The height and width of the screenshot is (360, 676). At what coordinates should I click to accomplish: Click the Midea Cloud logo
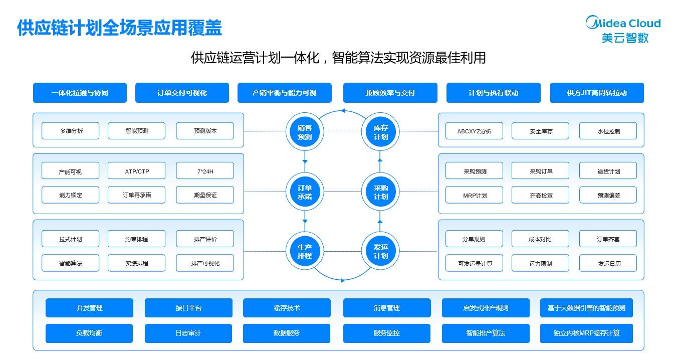(x=623, y=29)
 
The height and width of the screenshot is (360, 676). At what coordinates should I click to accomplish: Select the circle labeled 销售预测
(x=305, y=132)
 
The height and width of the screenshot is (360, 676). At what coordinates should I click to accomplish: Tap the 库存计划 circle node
(x=380, y=132)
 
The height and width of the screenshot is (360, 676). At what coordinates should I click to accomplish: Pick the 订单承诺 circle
(x=305, y=192)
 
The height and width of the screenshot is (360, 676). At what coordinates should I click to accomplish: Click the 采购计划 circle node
(x=380, y=192)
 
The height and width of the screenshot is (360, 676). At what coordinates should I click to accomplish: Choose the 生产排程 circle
(x=305, y=251)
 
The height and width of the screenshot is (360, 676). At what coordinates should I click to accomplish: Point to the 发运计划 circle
(x=380, y=251)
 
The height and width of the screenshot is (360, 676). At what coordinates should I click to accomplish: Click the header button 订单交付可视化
(x=182, y=93)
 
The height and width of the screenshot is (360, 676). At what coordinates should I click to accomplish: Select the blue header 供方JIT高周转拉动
(x=597, y=93)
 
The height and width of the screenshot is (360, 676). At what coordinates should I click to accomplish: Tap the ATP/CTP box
(x=137, y=171)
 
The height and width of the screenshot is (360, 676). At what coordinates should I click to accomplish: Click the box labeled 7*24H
(x=205, y=171)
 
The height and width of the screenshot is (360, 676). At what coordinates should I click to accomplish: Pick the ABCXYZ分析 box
(x=474, y=131)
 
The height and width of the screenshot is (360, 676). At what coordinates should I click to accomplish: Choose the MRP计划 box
(x=474, y=195)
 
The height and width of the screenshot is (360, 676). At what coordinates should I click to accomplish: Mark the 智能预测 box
(x=137, y=131)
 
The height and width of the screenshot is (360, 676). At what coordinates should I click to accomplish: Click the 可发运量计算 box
(x=475, y=263)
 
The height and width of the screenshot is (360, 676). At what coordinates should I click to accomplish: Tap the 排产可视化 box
(x=205, y=263)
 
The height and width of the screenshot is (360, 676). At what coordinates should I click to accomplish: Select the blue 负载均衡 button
(x=89, y=333)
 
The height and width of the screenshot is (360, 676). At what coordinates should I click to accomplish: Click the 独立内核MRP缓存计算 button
(x=586, y=333)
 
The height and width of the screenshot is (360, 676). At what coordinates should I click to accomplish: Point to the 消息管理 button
(x=386, y=308)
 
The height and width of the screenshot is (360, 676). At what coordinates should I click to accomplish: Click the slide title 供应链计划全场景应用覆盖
(x=119, y=28)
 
